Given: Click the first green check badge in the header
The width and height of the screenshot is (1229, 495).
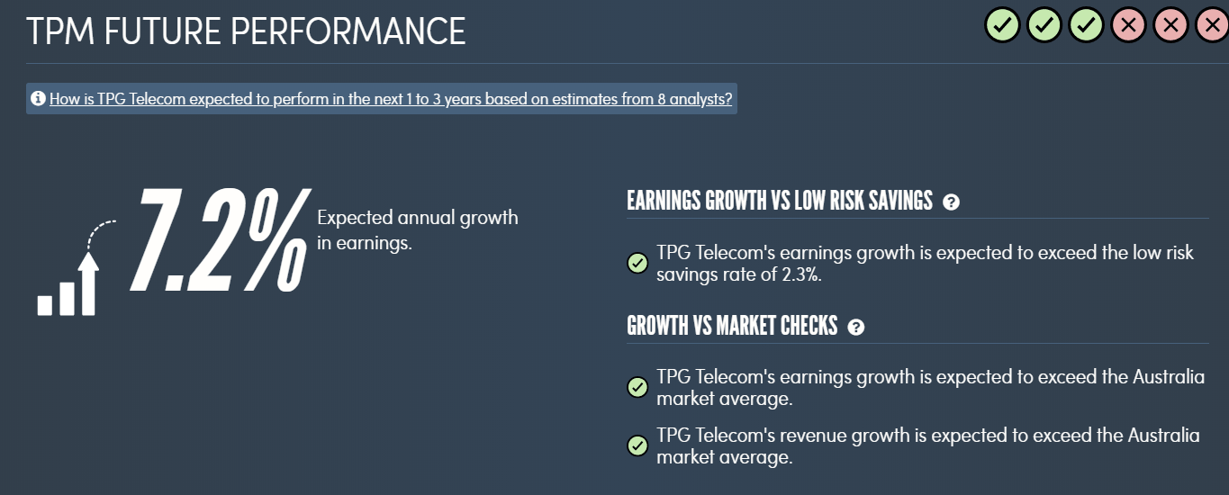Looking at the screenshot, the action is (x=1002, y=24).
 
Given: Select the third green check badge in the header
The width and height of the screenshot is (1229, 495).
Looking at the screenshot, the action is (x=1086, y=24).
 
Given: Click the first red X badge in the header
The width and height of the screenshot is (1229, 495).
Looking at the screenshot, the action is (x=1128, y=24).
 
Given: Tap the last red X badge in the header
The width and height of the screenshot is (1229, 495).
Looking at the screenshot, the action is (x=1213, y=24).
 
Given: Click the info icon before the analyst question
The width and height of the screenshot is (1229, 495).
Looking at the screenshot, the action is (x=38, y=99).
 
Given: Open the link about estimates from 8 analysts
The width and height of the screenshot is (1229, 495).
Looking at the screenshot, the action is (x=391, y=99).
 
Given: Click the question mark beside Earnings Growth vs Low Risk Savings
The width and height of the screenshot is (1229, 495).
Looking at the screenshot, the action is (x=951, y=202).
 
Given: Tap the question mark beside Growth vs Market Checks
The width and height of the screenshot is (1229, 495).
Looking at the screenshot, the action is (x=856, y=328).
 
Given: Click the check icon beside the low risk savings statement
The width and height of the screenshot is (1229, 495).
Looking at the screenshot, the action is (x=637, y=263).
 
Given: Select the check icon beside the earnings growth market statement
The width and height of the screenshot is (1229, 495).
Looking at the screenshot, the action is (x=637, y=387).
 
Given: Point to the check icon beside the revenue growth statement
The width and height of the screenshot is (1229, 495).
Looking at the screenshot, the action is (x=637, y=445).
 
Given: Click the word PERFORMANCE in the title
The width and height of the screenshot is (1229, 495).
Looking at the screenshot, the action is (x=348, y=31).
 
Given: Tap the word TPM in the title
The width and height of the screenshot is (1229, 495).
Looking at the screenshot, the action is (x=60, y=31).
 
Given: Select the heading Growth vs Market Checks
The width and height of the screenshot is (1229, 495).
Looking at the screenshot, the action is (x=732, y=326).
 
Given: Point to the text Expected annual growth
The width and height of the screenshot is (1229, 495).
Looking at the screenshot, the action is (x=418, y=218).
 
